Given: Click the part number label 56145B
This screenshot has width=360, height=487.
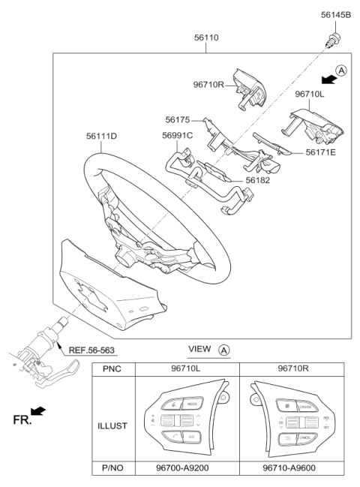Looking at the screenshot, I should click(335, 14).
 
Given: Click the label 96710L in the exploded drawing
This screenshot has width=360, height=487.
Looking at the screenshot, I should click(310, 95).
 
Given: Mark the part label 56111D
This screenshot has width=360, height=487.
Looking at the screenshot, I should click(100, 136).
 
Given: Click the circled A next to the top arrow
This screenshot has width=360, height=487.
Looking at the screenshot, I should click(341, 71).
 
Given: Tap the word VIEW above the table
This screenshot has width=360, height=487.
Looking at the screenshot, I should click(199, 350).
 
